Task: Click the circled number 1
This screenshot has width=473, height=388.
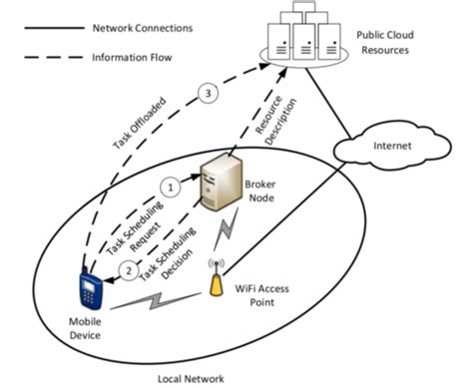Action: [171, 185]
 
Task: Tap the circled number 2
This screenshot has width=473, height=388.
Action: [128, 267]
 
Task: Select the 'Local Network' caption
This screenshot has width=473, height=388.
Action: [192, 378]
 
